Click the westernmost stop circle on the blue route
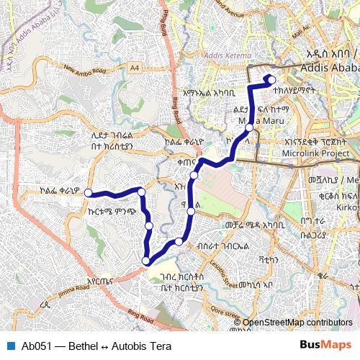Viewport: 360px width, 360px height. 89,192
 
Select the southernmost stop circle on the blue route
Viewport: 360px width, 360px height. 147,261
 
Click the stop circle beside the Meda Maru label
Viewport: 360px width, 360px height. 249,127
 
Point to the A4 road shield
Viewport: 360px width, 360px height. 135,67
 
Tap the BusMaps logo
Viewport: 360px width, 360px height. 325,345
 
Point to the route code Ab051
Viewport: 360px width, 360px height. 36,346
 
